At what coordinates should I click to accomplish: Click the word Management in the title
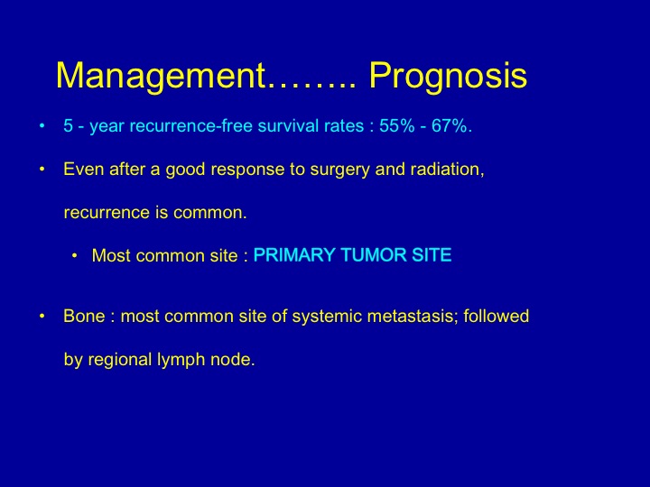[161, 76]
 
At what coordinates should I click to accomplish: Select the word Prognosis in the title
[448, 76]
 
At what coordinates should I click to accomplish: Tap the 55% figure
[396, 125]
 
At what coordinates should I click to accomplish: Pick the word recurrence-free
[191, 126]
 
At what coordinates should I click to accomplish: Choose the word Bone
[84, 316]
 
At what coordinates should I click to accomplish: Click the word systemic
[327, 317]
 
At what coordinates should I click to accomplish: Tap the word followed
[497, 316]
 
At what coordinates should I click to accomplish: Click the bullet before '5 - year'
[42, 125]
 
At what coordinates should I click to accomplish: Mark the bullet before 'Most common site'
[75, 255]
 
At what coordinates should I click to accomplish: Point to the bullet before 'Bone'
[42, 317]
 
